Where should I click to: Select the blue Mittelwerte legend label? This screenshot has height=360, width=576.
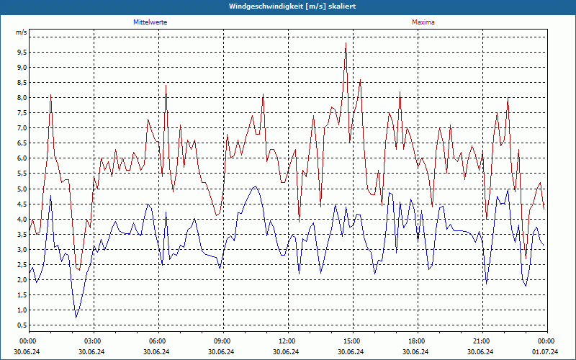click(x=156, y=22)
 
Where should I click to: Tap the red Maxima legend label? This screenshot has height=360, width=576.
click(x=423, y=22)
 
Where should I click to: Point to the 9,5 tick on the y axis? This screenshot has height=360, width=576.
click(x=21, y=53)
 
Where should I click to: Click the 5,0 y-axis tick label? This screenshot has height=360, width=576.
click(x=21, y=189)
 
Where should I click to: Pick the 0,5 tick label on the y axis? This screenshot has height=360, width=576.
click(x=21, y=325)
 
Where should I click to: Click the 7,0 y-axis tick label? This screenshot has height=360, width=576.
click(x=21, y=128)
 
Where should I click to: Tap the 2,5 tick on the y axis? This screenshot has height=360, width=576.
click(x=21, y=265)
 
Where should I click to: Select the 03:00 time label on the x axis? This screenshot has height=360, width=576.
click(x=93, y=341)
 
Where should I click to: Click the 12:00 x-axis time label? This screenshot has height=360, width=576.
click(x=287, y=341)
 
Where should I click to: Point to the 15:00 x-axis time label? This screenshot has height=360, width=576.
click(x=352, y=341)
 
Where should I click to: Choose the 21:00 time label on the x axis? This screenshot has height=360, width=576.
click(x=482, y=341)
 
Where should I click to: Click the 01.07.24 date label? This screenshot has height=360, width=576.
click(x=546, y=351)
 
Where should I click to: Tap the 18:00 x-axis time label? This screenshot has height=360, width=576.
click(x=417, y=341)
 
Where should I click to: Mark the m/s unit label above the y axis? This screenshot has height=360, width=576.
click(x=21, y=32)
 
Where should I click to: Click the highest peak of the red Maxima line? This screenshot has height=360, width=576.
click(x=346, y=43)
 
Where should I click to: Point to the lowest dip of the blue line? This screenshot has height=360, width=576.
click(x=76, y=317)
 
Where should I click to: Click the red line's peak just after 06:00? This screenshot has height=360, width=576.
click(x=166, y=85)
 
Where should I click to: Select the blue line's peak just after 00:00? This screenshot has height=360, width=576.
click(x=51, y=195)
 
